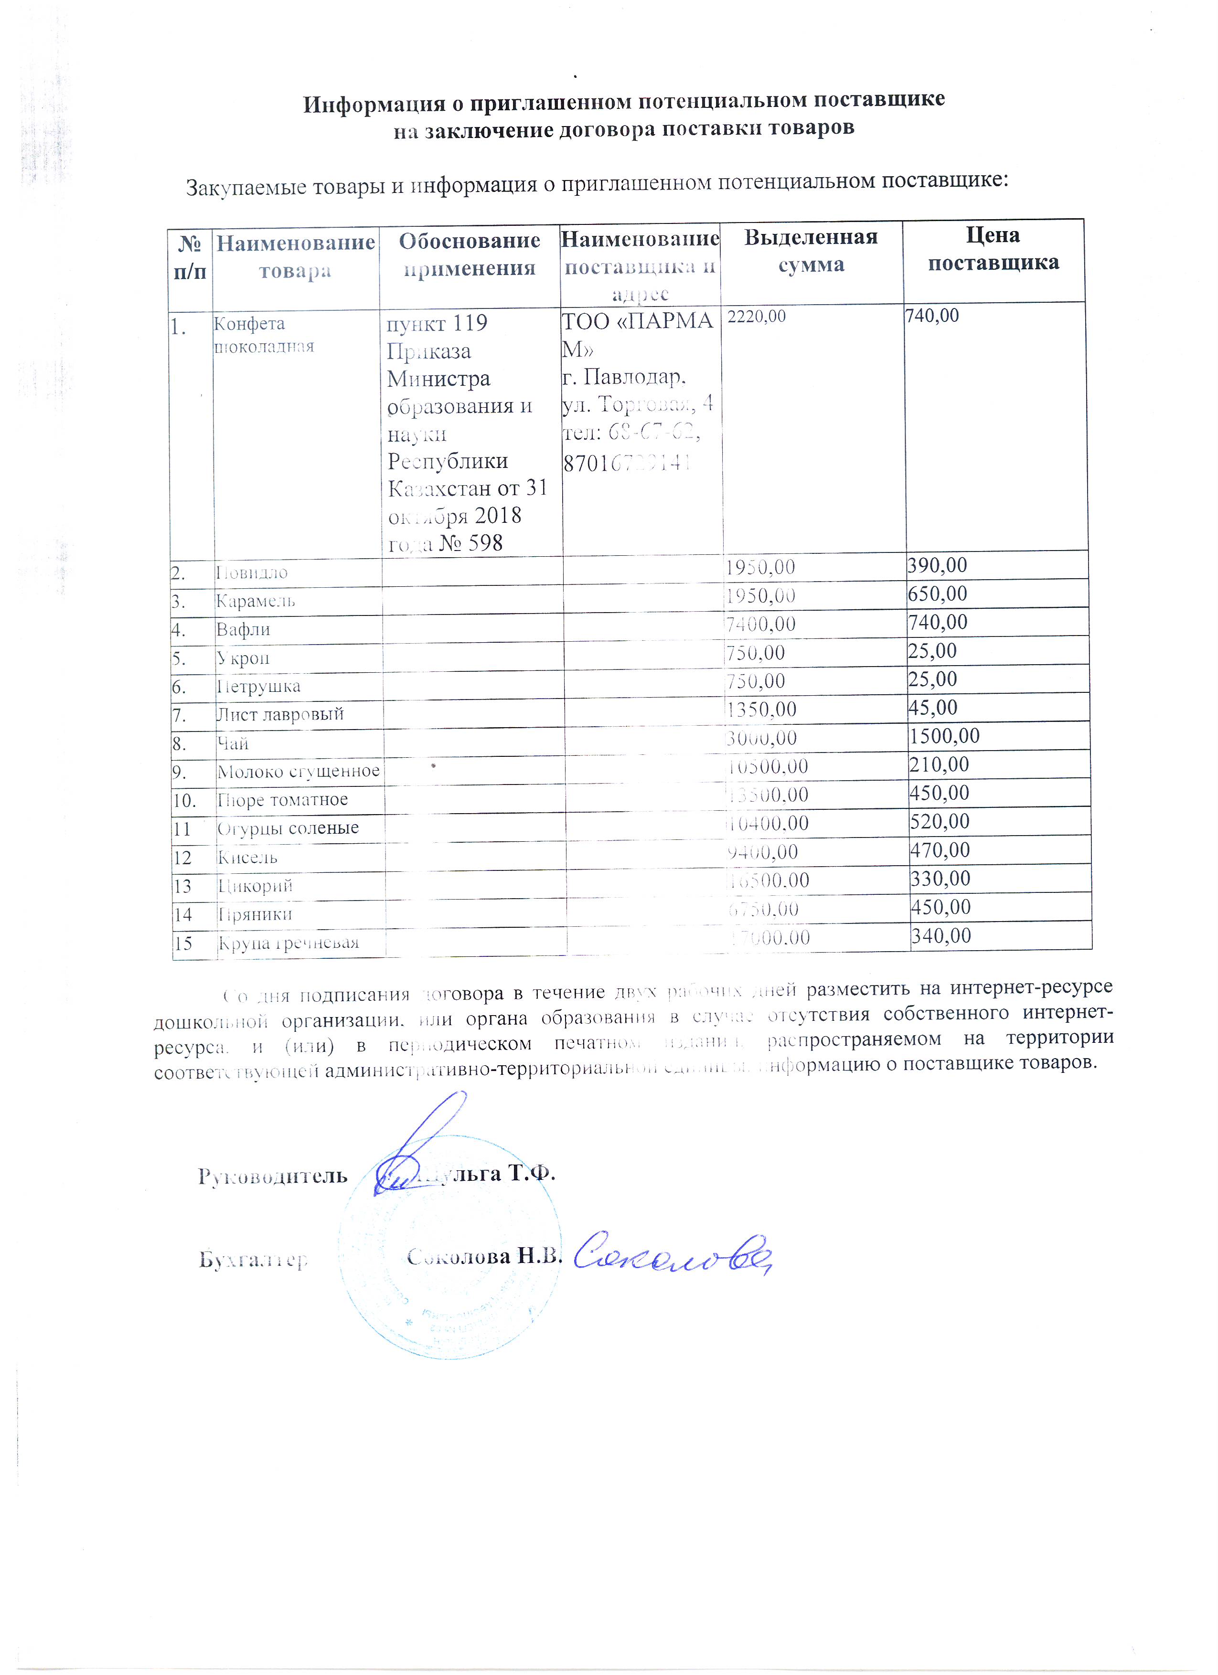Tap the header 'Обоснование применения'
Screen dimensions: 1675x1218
[469, 254]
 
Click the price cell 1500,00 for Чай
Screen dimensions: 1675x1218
[944, 736]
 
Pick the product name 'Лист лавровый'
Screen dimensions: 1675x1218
[279, 714]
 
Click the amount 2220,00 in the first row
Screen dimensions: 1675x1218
[757, 316]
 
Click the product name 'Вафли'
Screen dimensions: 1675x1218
[243, 629]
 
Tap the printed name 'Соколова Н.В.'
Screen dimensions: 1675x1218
[484, 1256]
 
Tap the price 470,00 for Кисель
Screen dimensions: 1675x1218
[940, 850]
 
